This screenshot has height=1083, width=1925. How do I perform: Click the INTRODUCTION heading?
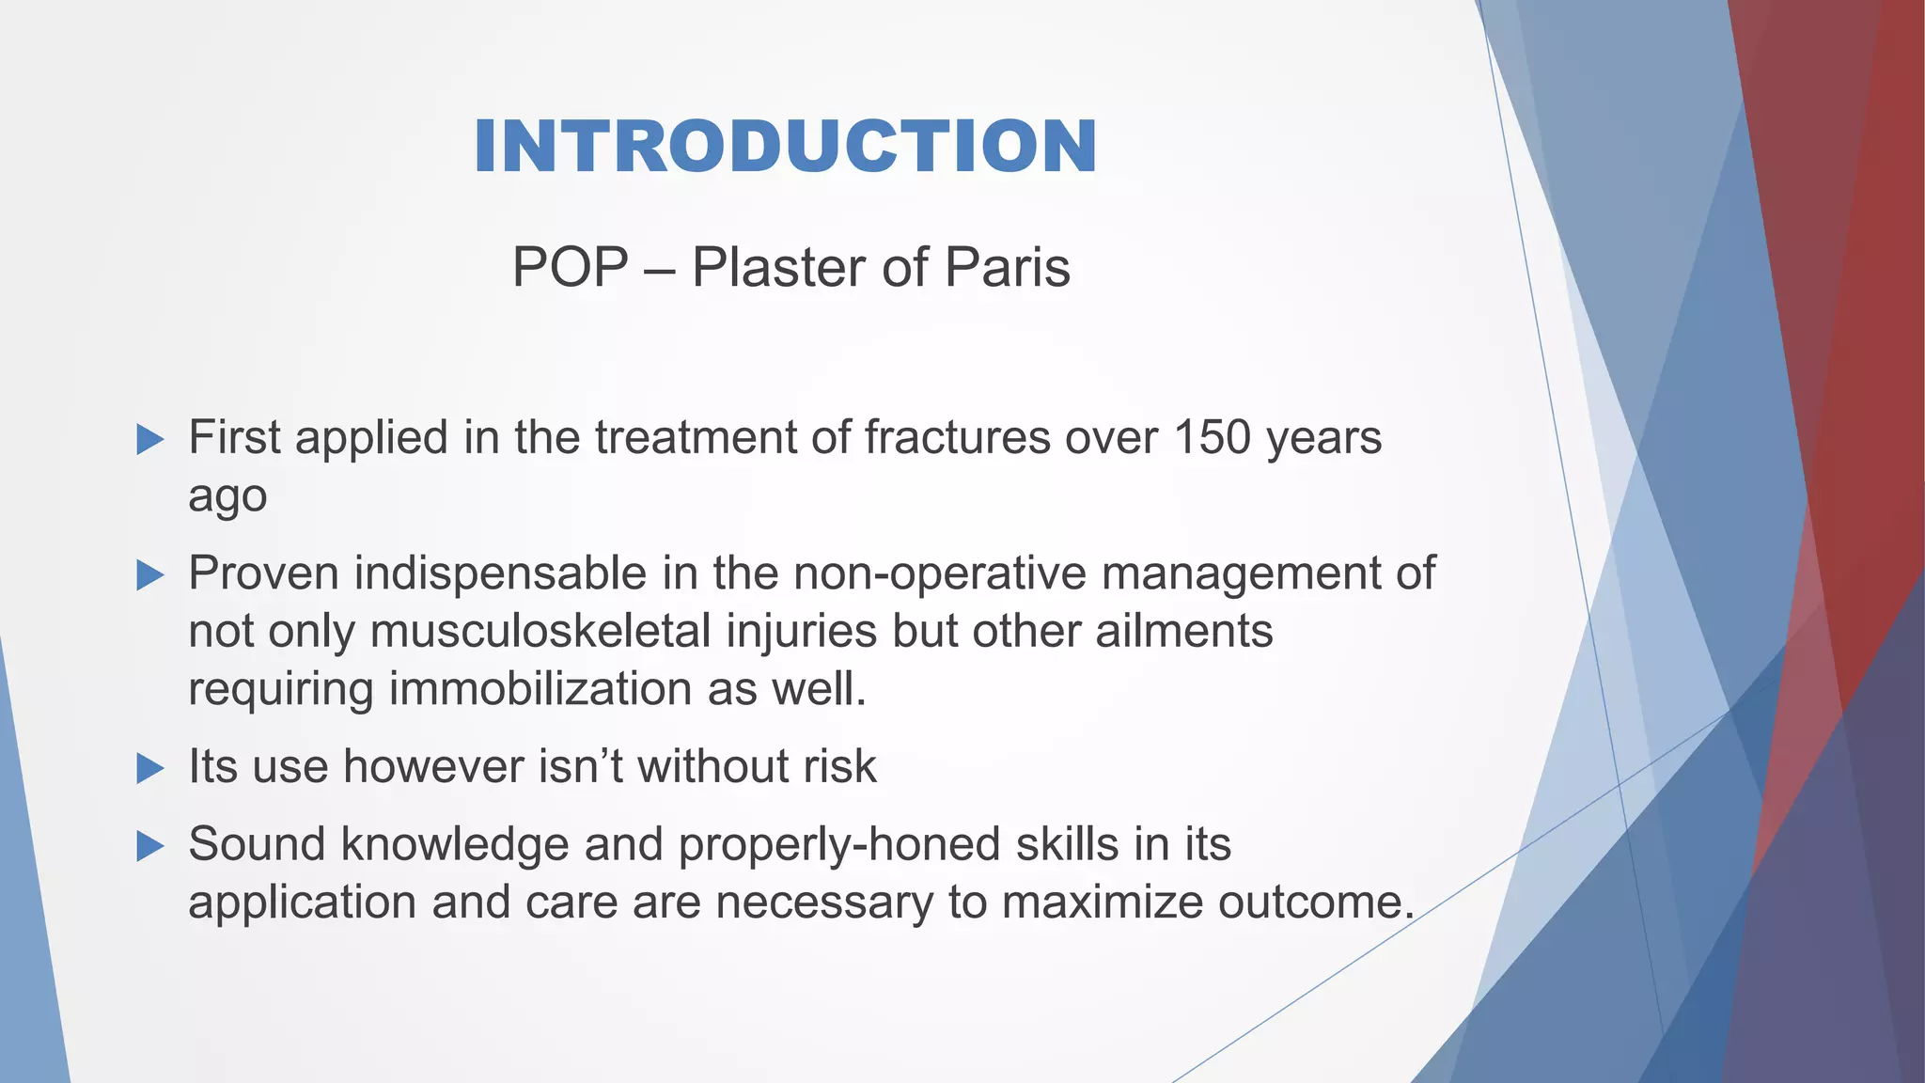(x=785, y=148)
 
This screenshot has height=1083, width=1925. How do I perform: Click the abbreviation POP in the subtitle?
(x=570, y=267)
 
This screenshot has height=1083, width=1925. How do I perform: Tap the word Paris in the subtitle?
(x=1007, y=267)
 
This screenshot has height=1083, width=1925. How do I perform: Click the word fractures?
(x=956, y=437)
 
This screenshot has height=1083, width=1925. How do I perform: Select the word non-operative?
(x=939, y=573)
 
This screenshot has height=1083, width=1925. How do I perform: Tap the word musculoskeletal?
(x=540, y=631)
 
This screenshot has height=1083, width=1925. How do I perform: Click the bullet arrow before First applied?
(x=150, y=439)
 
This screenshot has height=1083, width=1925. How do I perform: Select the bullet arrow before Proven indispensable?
(x=150, y=575)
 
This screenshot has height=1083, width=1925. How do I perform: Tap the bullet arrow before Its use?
(x=150, y=768)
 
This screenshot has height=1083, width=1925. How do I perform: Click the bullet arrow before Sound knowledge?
(x=150, y=845)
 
